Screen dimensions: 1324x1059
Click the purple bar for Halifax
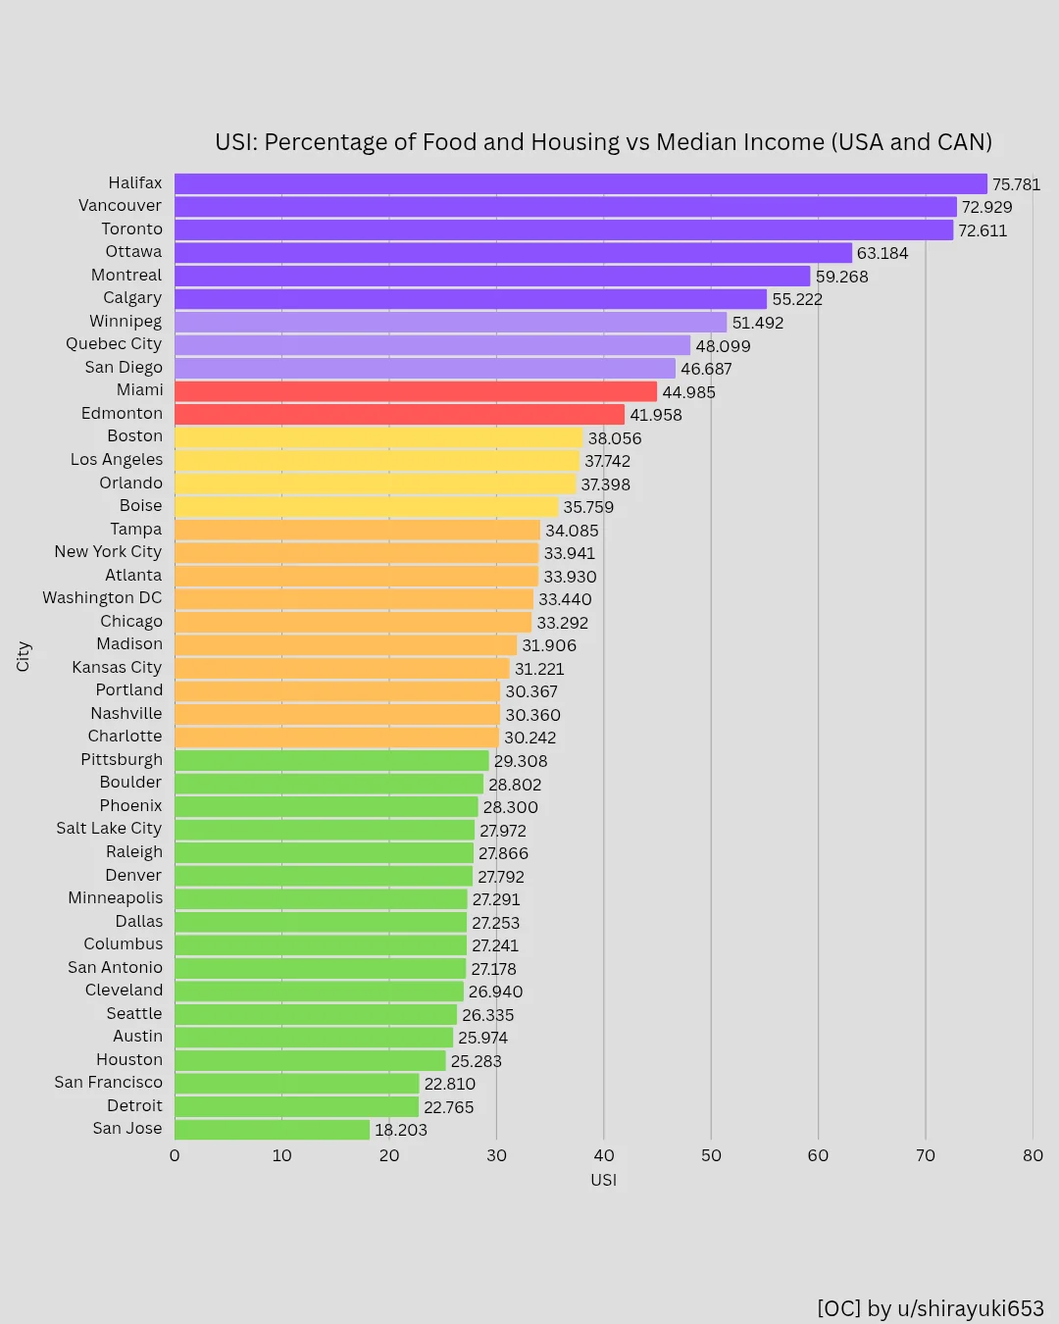pos(580,183)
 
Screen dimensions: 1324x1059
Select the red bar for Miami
pos(416,391)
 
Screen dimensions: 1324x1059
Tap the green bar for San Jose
pos(272,1130)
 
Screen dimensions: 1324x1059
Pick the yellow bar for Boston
pos(378,437)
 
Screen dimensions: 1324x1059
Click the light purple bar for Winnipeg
pos(451,322)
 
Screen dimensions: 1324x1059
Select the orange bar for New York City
pos(357,553)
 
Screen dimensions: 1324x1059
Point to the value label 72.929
pos(986,207)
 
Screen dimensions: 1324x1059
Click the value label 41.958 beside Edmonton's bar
pos(655,415)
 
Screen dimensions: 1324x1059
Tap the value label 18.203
pos(401,1130)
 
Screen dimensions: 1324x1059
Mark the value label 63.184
pos(882,253)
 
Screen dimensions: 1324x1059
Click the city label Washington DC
pos(102,598)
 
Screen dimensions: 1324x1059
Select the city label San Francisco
pos(108,1083)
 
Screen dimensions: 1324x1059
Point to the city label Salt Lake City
pos(109,829)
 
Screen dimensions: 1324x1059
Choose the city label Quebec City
pos(114,344)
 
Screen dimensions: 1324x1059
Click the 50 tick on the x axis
pos(711,1155)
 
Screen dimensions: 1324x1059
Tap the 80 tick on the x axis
pos(1033,1155)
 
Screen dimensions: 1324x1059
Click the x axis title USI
pos(603,1180)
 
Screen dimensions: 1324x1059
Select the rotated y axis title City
pos(24,656)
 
